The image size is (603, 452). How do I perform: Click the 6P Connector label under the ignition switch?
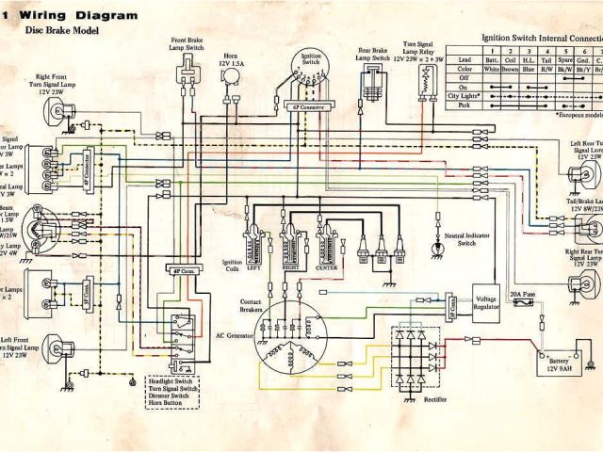point(305,108)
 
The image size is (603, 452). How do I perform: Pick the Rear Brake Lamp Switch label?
point(375,53)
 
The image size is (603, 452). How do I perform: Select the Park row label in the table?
point(464,105)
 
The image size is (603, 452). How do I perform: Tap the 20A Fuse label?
point(523,295)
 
